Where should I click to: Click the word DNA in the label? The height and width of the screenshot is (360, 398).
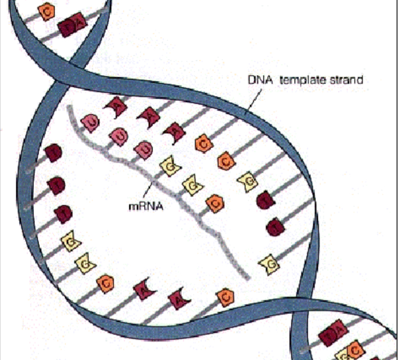[257, 80]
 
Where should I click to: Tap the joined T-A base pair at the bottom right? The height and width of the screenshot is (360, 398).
[333, 334]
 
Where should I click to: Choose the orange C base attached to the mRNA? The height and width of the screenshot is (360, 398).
[214, 203]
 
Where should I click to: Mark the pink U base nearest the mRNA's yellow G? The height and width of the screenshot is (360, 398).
[142, 149]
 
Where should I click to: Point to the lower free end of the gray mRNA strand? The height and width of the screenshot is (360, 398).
[246, 277]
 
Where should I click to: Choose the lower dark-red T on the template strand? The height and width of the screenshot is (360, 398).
[276, 226]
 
